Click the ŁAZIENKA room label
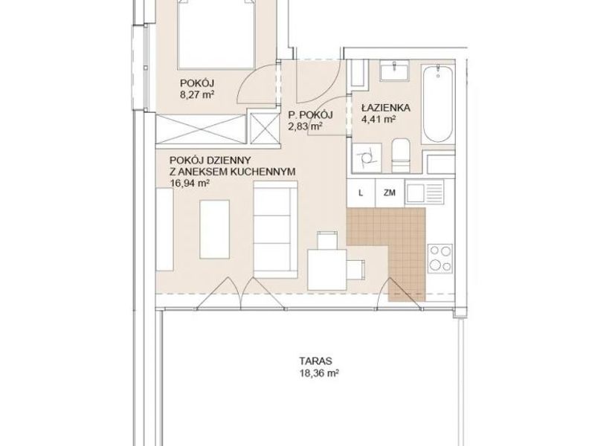385,108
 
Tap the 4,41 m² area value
379,120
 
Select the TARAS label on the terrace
315,361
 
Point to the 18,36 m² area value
319,373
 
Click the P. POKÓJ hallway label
310,114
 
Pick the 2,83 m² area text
306,126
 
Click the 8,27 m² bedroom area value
197,94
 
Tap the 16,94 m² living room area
190,184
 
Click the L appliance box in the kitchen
361,193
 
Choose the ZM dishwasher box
389,193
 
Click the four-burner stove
440,258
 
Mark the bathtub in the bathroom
438,104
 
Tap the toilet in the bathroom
400,155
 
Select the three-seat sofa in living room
275,230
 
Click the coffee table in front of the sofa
214,230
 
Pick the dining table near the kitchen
327,270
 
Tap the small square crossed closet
264,128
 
